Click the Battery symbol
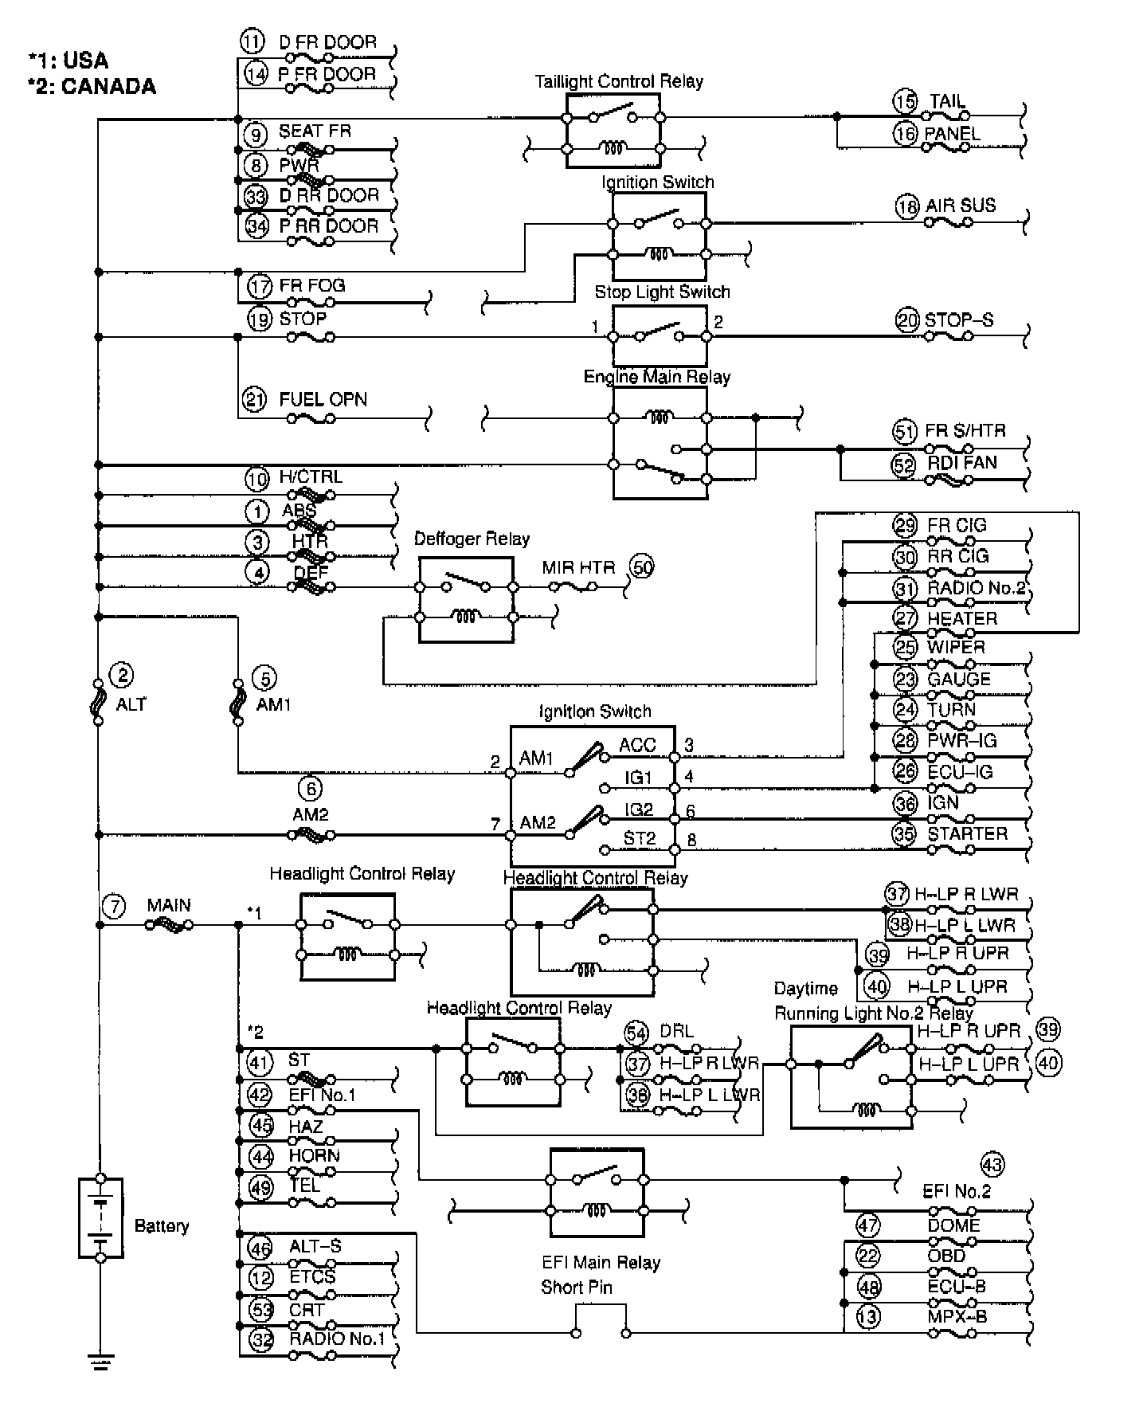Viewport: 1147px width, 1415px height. [100, 1217]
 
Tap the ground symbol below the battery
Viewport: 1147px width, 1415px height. [100, 1362]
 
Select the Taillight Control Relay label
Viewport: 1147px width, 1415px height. [618, 81]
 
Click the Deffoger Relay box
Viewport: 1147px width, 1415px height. [466, 600]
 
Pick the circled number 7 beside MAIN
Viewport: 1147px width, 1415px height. [115, 906]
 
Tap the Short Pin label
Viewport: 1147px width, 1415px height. [576, 1287]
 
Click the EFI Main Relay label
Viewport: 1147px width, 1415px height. [601, 1262]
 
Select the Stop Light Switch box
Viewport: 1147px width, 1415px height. [660, 336]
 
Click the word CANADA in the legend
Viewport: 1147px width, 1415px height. [108, 86]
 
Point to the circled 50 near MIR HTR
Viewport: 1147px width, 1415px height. [642, 566]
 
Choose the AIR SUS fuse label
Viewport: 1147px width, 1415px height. [960, 206]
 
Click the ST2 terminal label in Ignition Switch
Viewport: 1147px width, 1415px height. [639, 838]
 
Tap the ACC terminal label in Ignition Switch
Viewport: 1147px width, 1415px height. [637, 745]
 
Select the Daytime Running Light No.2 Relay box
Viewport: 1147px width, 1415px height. [851, 1077]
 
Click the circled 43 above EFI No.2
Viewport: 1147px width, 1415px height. [992, 1165]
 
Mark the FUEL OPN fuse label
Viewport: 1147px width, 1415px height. [323, 399]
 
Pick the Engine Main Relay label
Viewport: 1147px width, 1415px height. [656, 377]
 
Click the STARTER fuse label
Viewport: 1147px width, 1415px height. [967, 834]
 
